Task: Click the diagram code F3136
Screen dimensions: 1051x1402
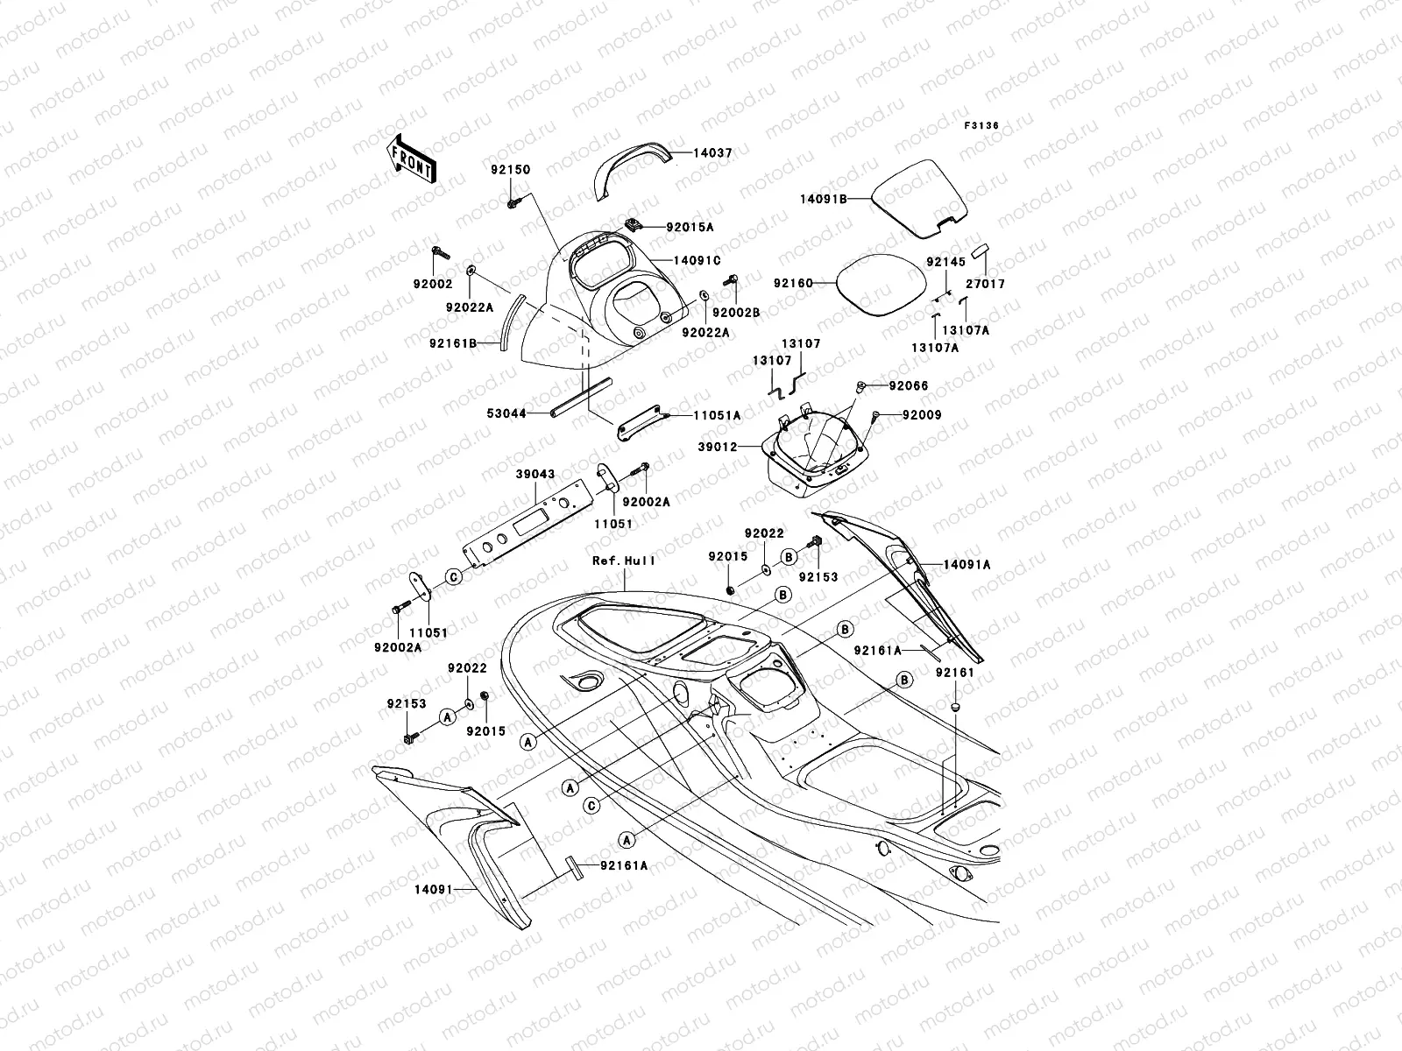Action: tap(981, 126)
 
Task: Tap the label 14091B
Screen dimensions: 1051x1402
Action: tap(823, 200)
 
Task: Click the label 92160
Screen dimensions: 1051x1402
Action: tap(793, 284)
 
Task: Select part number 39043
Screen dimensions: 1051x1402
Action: tap(535, 474)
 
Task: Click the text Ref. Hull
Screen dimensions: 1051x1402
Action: tap(624, 561)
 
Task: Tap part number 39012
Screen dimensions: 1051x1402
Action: tap(719, 447)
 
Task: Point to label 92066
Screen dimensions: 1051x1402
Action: tap(909, 385)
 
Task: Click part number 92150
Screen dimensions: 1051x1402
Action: tap(510, 169)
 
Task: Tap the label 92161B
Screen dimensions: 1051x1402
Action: tap(453, 343)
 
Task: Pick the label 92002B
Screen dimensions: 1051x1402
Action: tap(736, 313)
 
